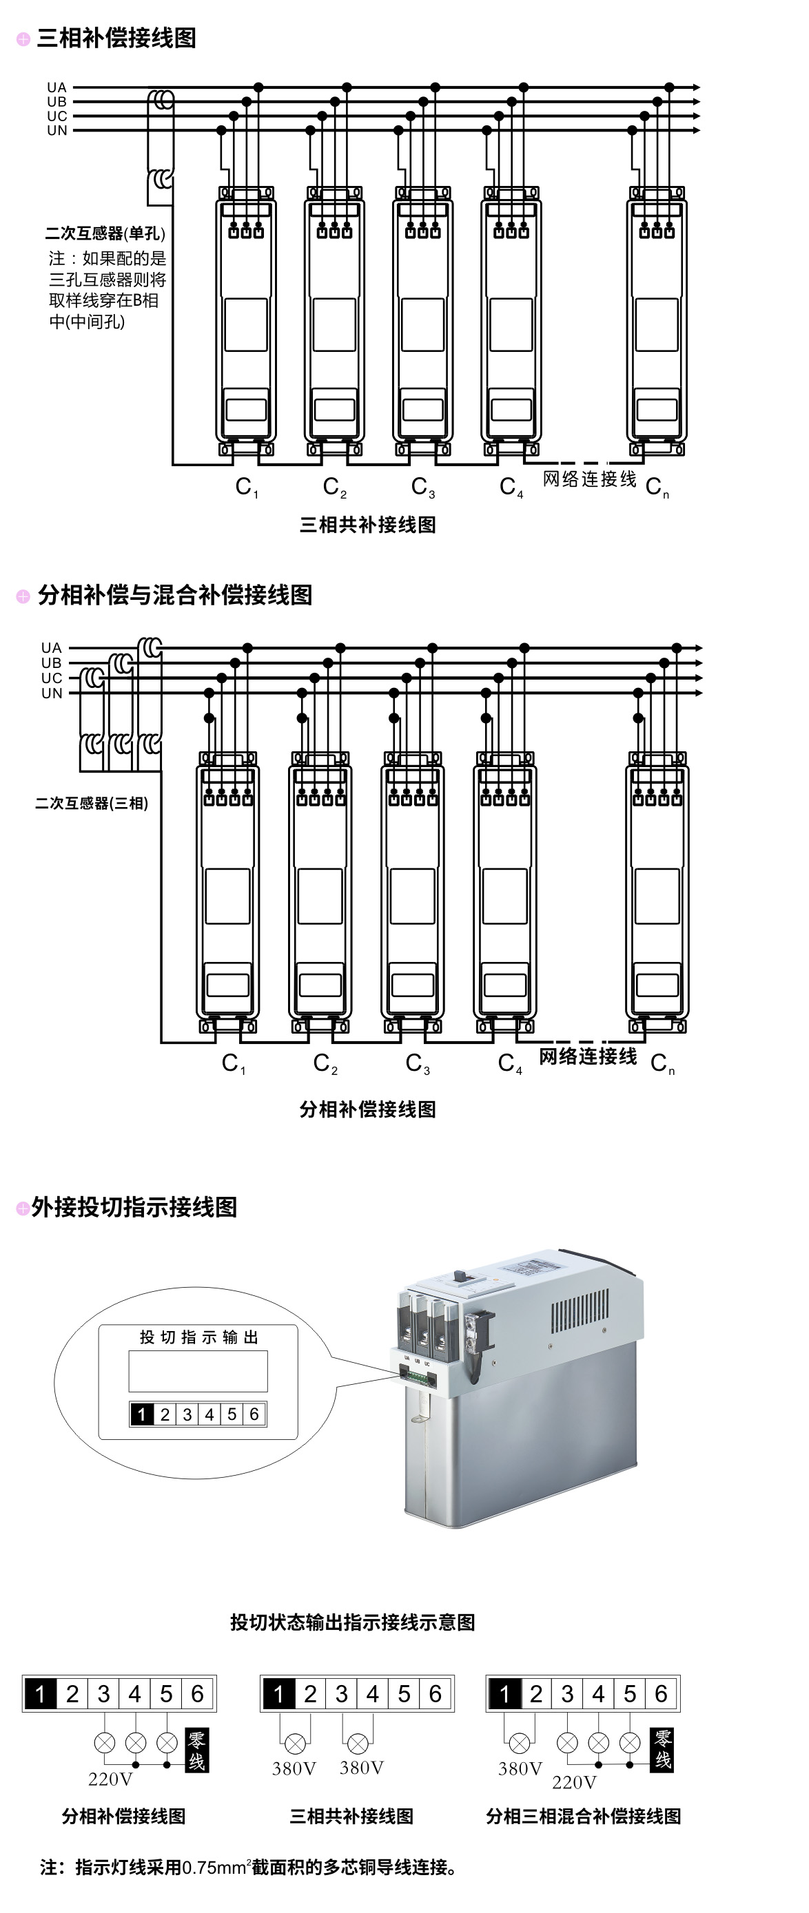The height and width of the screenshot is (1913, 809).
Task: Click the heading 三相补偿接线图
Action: [x=116, y=38]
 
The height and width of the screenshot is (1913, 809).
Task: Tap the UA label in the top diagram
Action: [x=57, y=87]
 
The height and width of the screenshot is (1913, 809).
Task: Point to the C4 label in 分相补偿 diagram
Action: [x=510, y=1063]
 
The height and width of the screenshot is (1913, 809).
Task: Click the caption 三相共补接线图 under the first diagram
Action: [x=367, y=525]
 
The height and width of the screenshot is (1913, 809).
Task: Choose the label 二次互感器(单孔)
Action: [x=105, y=233]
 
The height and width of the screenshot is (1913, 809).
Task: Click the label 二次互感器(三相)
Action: [x=92, y=803]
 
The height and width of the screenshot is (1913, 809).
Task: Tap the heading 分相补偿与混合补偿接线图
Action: [x=174, y=595]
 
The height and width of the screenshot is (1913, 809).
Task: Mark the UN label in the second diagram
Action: [x=51, y=693]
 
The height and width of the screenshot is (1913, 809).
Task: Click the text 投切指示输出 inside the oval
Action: [x=198, y=1337]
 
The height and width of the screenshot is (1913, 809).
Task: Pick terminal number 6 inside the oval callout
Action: [x=254, y=1414]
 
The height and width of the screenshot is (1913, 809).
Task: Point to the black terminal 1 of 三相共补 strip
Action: [x=278, y=1693]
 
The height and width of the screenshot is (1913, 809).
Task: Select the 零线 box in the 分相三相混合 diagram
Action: [x=663, y=1750]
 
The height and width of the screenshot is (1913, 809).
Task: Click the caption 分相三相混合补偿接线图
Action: [x=583, y=1816]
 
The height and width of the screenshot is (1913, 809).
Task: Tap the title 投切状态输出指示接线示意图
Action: [x=352, y=1622]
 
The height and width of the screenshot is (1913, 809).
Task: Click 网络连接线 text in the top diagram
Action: [x=589, y=479]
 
